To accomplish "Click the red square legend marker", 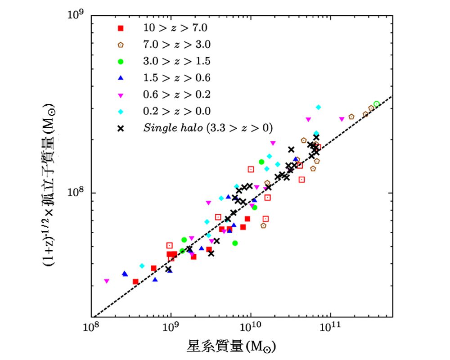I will coord(120,28).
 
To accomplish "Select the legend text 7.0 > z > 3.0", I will coord(176,44).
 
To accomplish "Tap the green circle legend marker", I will coord(120,61).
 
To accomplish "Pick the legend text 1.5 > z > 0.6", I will coord(176,77).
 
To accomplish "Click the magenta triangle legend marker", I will coord(120,94).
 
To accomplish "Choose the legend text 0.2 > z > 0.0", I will coord(176,111).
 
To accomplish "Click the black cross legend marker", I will coord(120,128).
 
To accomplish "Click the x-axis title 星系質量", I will coord(231,346).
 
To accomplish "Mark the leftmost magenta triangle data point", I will coord(107,281).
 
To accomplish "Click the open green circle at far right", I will coord(377,104).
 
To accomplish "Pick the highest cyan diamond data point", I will coord(318,107).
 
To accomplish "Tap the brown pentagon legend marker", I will coord(120,45).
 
